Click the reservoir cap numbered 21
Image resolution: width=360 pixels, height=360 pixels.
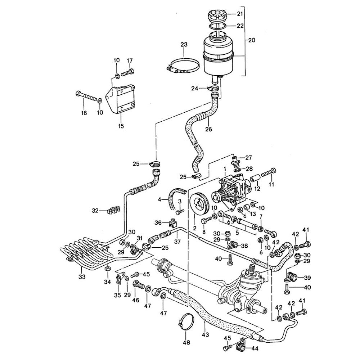pos(217,17)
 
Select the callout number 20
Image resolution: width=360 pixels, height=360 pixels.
pos(251,40)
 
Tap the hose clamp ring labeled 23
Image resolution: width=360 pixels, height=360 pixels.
pos(185,67)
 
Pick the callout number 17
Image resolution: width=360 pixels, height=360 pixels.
pos(130,60)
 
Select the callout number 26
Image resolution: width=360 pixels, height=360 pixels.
pos(208,129)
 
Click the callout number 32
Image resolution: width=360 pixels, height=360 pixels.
pos(95,210)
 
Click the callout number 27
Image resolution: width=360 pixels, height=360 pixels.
pos(249,157)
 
